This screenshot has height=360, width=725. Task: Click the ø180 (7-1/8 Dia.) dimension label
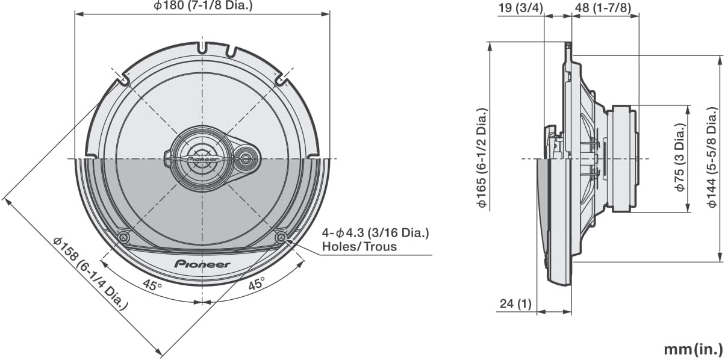(x=203, y=6)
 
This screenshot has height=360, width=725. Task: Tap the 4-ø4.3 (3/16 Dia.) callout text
(x=376, y=233)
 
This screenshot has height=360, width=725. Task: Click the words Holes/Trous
(x=359, y=246)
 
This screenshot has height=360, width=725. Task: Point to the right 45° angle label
(x=257, y=285)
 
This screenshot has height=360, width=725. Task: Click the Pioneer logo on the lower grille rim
(x=202, y=264)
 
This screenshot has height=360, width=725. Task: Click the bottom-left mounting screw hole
(x=123, y=238)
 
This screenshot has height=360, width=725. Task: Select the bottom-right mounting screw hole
(x=281, y=238)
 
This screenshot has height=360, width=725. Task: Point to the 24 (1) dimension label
(x=515, y=304)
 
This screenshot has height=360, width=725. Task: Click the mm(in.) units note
(x=692, y=349)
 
